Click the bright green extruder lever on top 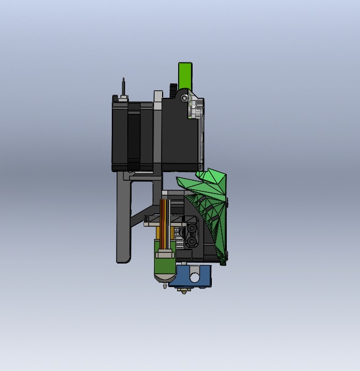click(185, 74)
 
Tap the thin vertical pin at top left click(124, 87)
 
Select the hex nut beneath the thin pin click(124, 98)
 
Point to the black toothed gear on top click(173, 89)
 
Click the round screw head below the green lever click(185, 98)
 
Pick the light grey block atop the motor click(158, 97)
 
